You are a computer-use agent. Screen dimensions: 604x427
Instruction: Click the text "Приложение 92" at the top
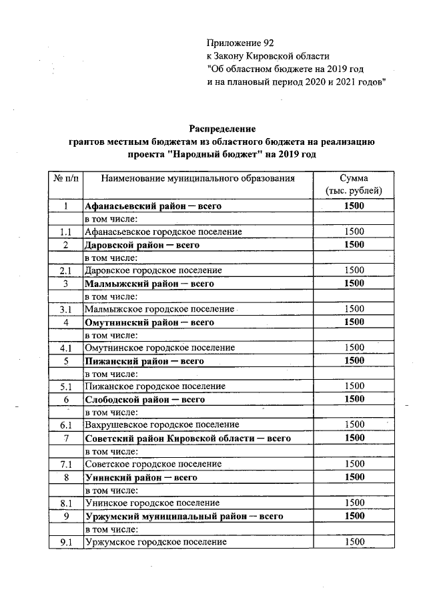pos(240,44)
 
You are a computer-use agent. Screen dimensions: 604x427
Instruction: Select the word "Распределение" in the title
pos(222,128)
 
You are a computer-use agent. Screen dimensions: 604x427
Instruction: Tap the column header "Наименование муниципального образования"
pos(197,179)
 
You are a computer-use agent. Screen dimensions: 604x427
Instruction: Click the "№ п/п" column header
pos(65,179)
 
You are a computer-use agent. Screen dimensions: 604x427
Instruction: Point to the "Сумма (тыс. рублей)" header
pos(354,185)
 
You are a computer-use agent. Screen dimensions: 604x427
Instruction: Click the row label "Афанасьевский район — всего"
pos(153,206)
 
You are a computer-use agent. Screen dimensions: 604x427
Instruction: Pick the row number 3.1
pos(65,309)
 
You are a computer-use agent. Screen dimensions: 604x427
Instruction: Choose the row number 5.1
pos(65,386)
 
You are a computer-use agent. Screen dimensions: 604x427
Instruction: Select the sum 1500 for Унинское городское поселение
pos(354,503)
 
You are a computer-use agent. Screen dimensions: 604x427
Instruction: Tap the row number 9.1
pos(65,542)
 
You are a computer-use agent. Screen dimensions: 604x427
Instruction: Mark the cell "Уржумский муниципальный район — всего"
pos(184,516)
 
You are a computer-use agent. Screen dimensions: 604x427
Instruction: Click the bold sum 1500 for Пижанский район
pos(354,361)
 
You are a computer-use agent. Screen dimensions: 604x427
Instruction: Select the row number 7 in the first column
pos(65,438)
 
